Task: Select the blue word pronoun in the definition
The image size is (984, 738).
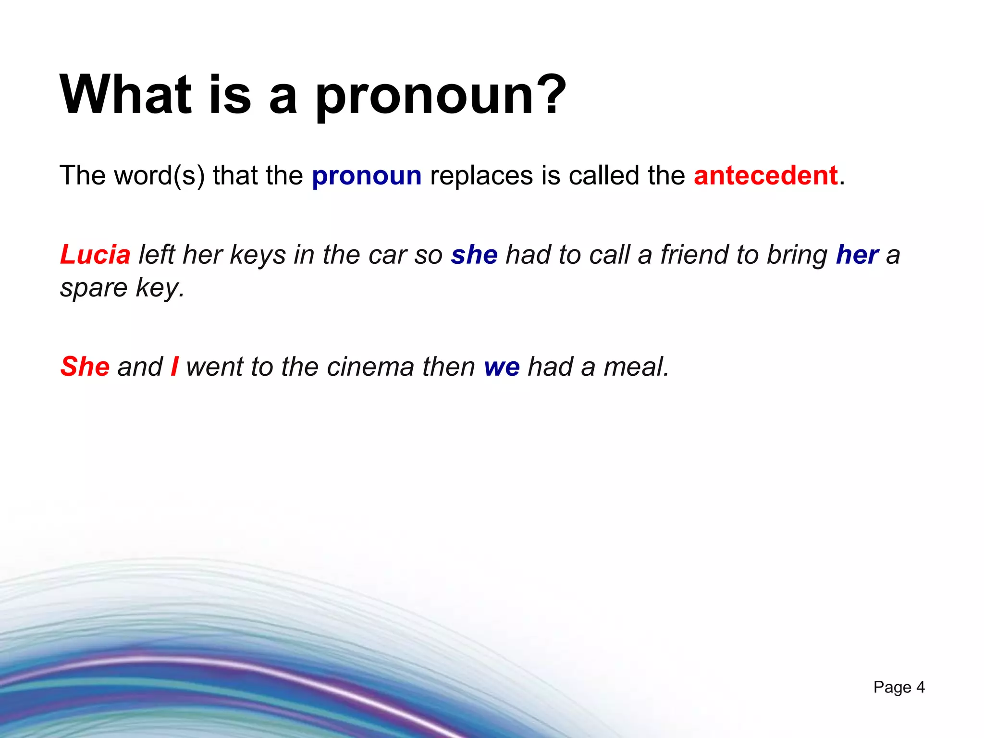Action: coord(367,175)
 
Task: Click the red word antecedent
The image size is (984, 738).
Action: coord(766,175)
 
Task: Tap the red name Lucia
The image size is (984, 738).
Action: coord(95,255)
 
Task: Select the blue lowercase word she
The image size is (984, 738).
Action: coord(474,255)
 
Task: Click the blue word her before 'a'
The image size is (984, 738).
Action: coord(857,255)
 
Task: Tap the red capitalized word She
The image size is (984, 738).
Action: coord(85,367)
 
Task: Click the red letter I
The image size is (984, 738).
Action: coord(174,367)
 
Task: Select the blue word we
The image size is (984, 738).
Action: coord(502,368)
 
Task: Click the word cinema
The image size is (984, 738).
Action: coord(370,367)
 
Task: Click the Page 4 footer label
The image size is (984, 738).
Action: coord(899,687)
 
